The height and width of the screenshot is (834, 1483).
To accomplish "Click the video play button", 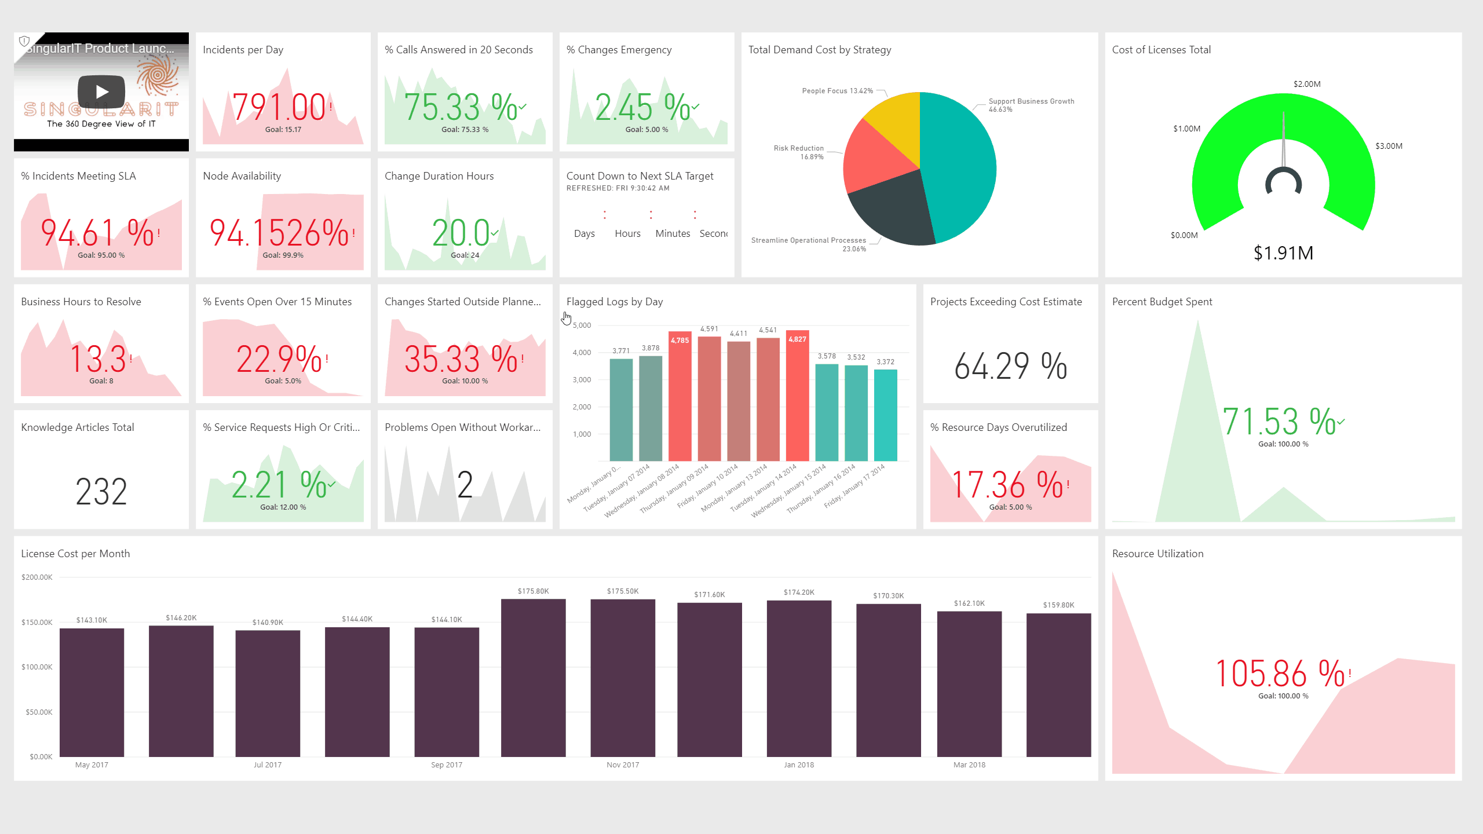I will point(101,92).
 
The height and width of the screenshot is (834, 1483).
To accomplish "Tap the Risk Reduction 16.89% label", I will point(799,152).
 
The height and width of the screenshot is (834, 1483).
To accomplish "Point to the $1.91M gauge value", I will point(1283,253).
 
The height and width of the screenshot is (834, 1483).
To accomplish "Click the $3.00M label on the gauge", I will point(1389,146).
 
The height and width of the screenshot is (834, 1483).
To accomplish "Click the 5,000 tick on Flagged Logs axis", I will point(582,325).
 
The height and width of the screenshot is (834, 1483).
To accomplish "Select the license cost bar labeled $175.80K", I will point(533,678).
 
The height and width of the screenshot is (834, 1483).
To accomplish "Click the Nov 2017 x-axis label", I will point(623,765).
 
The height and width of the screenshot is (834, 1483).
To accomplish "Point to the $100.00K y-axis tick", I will point(37,667).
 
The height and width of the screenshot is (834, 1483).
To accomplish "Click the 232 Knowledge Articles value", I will point(101,492).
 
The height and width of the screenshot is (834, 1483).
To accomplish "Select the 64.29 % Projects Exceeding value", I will point(1010,366).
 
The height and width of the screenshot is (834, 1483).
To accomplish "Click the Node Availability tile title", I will point(242,176).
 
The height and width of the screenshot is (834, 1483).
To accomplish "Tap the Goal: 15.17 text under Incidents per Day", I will point(283,130).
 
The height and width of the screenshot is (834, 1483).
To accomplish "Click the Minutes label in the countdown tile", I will point(673,233).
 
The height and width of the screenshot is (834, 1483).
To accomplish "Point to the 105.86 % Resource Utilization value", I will point(1280,674).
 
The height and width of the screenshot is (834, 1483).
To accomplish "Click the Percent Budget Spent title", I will point(1161,302).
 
